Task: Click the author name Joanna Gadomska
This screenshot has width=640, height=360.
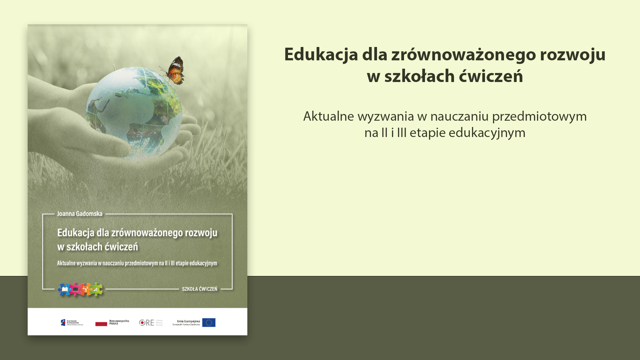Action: [x=80, y=214]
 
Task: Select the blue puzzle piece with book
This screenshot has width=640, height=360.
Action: [x=65, y=289]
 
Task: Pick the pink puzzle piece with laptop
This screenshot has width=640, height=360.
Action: [x=75, y=289]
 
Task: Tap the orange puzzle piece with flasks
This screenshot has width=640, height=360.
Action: [x=86, y=289]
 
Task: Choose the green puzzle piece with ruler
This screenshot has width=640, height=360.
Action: [x=96, y=289]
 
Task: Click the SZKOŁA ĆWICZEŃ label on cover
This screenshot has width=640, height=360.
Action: [x=199, y=289]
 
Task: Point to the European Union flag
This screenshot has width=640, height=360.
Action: [x=209, y=322]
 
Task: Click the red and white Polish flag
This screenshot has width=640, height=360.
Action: [x=101, y=323]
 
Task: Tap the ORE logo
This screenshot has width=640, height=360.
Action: [x=147, y=322]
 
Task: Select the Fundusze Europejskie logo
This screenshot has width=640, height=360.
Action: [x=72, y=322]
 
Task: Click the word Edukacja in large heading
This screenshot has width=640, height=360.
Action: [x=321, y=54]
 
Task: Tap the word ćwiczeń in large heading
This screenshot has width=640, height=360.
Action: [x=491, y=76]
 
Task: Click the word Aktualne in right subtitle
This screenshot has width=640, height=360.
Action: [x=328, y=116]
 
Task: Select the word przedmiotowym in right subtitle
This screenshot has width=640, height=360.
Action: [x=539, y=116]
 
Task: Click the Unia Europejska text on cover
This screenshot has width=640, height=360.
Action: [x=188, y=321]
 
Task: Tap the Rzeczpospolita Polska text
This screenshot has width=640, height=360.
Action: [x=119, y=322]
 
